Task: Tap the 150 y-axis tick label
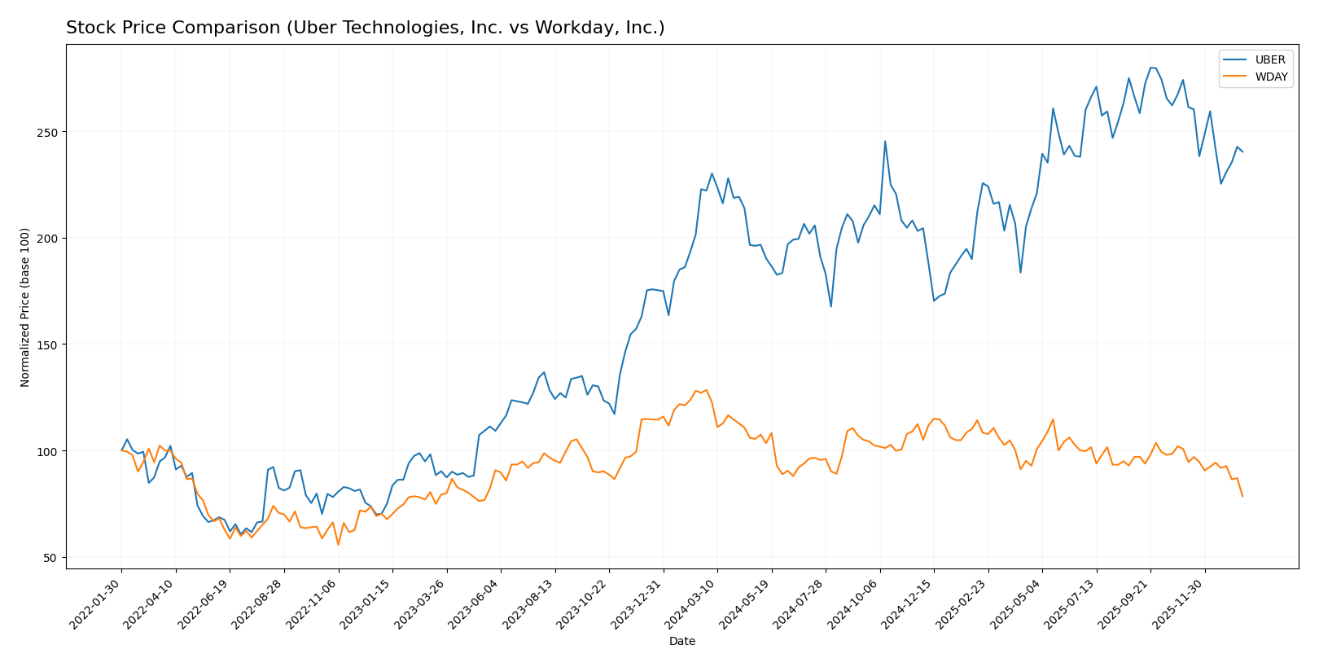coord(50,344)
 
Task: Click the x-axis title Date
coord(681,642)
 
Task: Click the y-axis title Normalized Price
coord(25,307)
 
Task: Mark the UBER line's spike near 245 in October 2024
coord(885,142)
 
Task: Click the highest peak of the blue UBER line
coord(1151,68)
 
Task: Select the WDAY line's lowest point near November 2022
coord(338,544)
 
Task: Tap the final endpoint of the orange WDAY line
coord(1242,496)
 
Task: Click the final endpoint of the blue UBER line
coord(1242,151)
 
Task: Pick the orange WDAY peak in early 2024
coord(706,389)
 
